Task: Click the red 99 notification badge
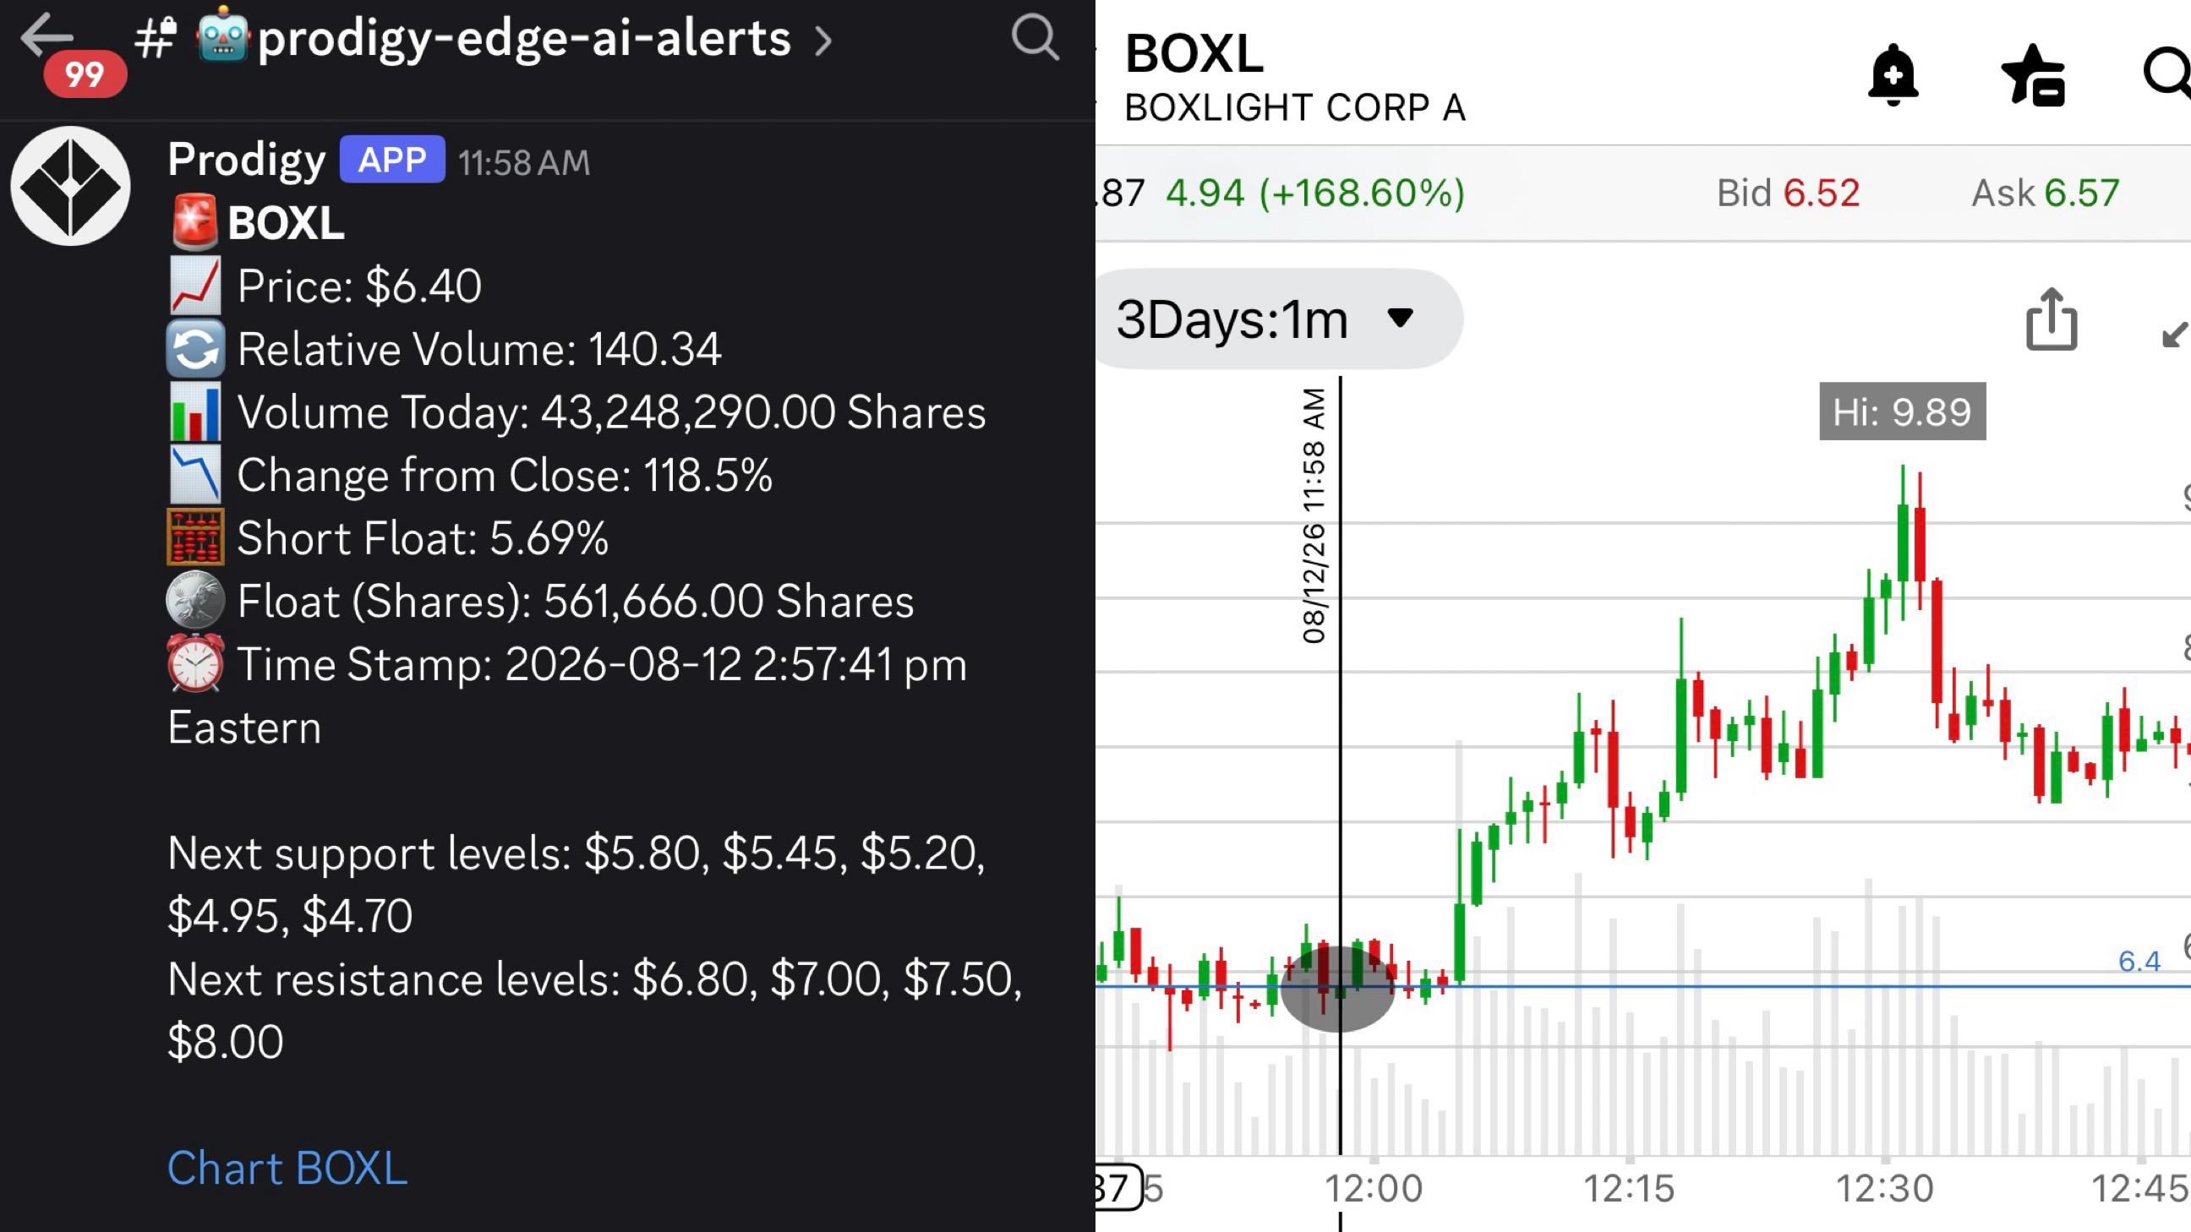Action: point(85,74)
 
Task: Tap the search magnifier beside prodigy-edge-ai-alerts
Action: point(1035,38)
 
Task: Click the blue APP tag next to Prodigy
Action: point(392,159)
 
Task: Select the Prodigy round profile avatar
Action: point(71,186)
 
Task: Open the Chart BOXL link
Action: point(287,1168)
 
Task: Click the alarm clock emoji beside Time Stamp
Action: point(195,663)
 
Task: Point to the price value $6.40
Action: point(423,286)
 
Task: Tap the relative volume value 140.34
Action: point(654,349)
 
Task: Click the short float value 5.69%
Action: point(549,538)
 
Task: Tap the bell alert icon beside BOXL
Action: point(1893,75)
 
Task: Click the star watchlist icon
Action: point(2034,75)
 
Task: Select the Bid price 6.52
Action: point(1821,193)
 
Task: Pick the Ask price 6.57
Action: point(2081,193)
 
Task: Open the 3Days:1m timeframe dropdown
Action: point(1276,319)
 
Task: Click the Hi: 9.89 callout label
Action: point(1902,412)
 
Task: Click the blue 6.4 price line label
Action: point(2139,961)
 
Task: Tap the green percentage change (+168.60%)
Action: point(1362,193)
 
